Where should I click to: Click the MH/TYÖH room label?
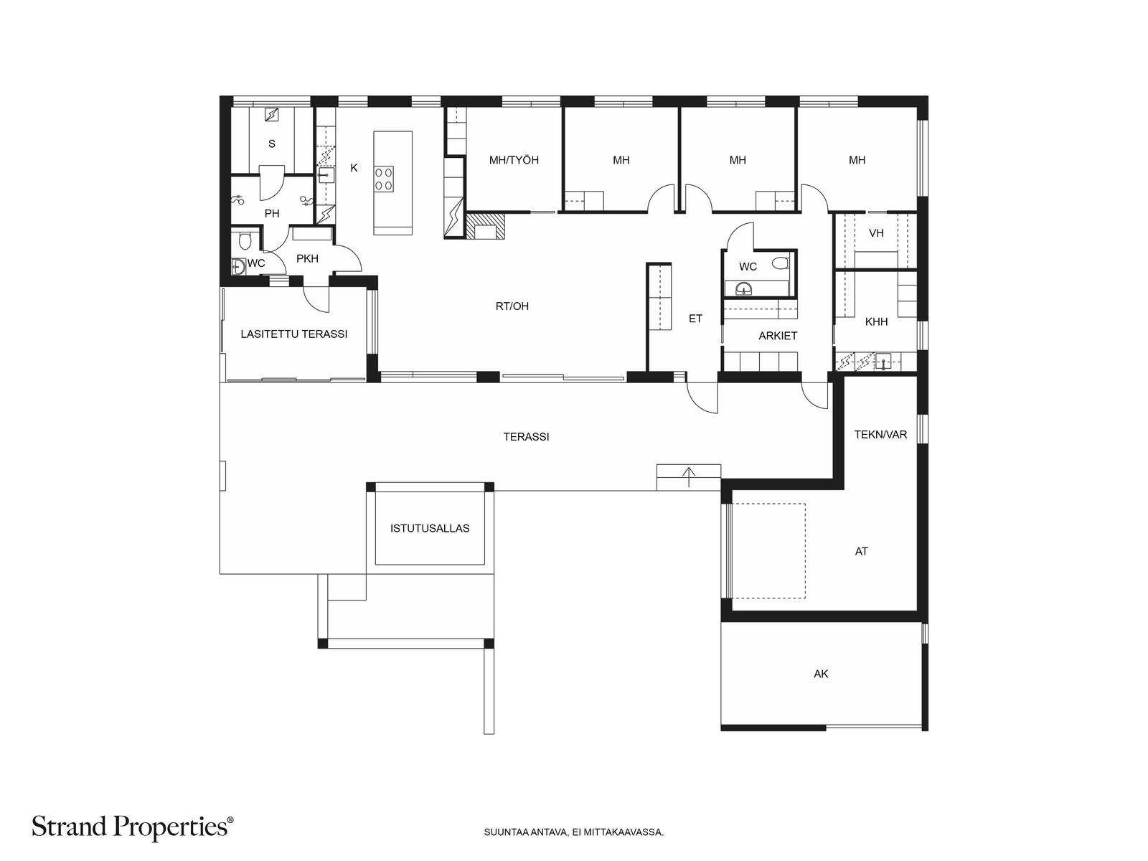coord(514,160)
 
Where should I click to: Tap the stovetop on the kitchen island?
coord(383,178)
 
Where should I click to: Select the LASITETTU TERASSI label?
coord(294,334)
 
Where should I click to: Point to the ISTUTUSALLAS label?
coord(430,528)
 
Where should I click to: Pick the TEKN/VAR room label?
coord(880,434)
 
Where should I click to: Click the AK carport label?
coord(821,674)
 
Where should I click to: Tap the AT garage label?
coord(862,551)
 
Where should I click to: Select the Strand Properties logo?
coord(133,826)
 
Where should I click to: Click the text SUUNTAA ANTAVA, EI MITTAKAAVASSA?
coord(574,833)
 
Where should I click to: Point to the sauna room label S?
coord(271,143)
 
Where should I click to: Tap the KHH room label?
coord(876,321)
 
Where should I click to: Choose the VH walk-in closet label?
coord(876,232)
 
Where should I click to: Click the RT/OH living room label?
coord(512,306)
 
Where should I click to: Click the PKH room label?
coord(307,258)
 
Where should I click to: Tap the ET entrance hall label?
coord(695,319)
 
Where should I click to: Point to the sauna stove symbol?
coord(272,114)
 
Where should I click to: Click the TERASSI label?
coord(526,436)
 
